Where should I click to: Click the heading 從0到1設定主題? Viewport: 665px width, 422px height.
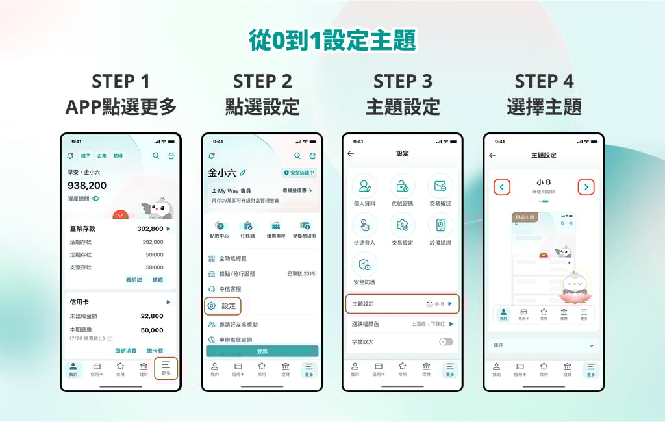pyautogui.click(x=332, y=40)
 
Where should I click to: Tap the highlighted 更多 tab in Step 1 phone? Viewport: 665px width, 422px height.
pyautogui.click(x=166, y=368)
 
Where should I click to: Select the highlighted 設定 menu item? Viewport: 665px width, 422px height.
pyautogui.click(x=223, y=306)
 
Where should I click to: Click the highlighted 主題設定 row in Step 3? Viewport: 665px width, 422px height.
pyautogui.click(x=403, y=304)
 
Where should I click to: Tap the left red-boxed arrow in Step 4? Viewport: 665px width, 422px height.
pyautogui.click(x=501, y=187)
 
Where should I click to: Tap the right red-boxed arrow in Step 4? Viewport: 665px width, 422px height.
pyautogui.click(x=586, y=187)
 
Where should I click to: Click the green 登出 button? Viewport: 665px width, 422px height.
pyautogui.click(x=262, y=351)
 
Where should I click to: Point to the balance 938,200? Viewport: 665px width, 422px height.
pyautogui.click(x=87, y=186)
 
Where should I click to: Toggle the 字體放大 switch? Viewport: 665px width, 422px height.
pyautogui.click(x=446, y=341)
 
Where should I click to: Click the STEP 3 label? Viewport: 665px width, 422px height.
pyautogui.click(x=403, y=81)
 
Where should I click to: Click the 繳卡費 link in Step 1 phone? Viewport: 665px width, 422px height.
pyautogui.click(x=155, y=351)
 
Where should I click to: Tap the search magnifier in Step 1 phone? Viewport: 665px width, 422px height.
pyautogui.click(x=156, y=156)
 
